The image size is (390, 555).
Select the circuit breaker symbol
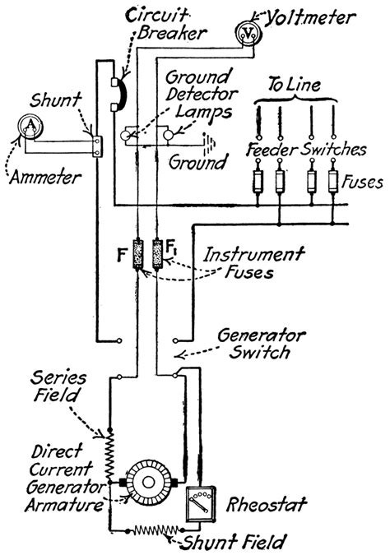click(117, 92)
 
